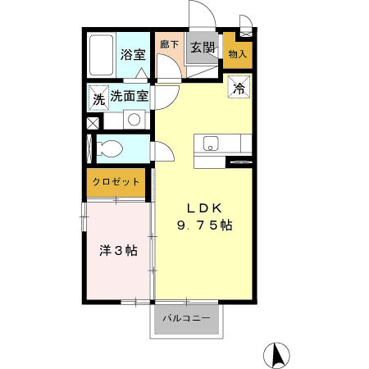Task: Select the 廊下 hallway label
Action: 169,46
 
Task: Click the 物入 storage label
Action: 237,54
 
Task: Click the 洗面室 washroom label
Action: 129,96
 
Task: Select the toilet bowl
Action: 109,148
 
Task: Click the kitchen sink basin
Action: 210,143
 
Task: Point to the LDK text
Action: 204,207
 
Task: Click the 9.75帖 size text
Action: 204,225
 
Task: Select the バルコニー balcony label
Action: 185,318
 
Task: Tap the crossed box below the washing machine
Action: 91,122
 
